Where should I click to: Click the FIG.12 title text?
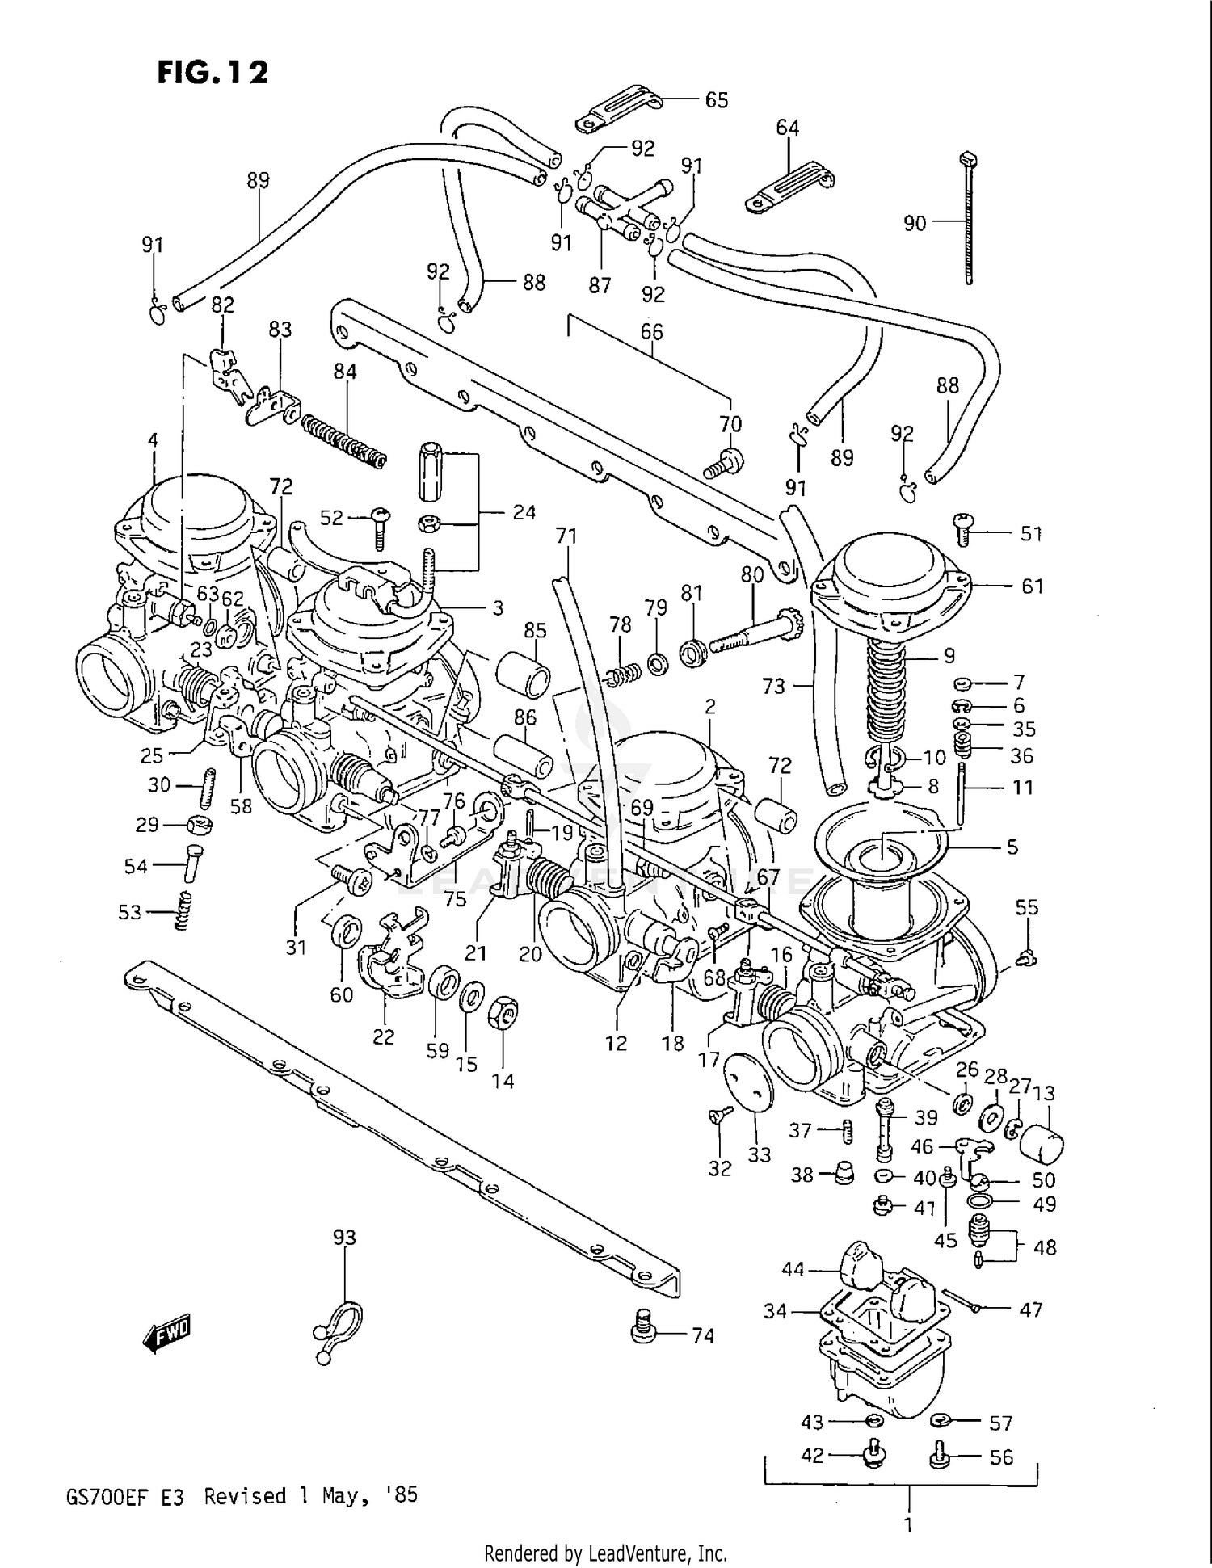(212, 73)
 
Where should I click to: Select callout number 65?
(717, 100)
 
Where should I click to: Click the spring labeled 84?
(343, 440)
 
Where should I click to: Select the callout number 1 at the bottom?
(909, 1525)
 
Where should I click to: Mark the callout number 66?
(651, 332)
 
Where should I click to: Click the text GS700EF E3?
(124, 1497)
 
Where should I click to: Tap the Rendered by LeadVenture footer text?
(605, 1553)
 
